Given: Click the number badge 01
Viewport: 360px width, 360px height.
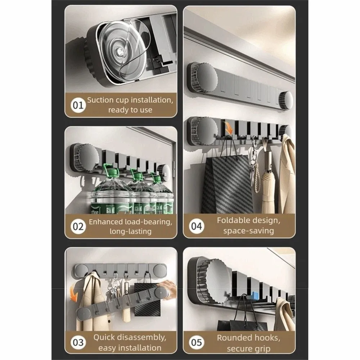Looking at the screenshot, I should coord(77,105).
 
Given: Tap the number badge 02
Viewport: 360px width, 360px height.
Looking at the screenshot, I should coord(78,226).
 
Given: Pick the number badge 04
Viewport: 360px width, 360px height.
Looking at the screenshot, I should coord(196,226).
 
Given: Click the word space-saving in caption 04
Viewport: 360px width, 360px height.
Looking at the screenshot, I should coord(248,231).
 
